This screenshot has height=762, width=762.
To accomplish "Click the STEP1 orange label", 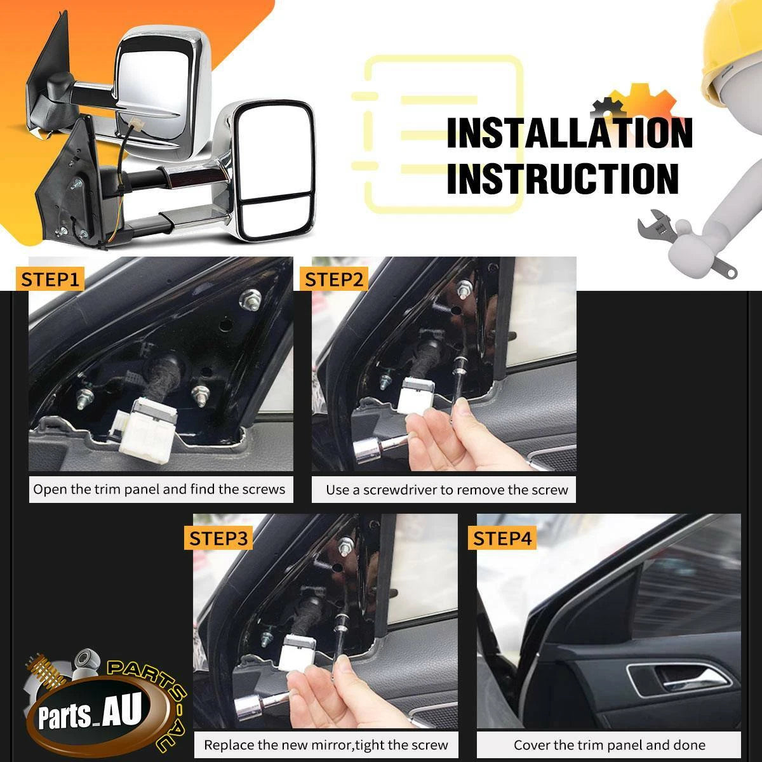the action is (x=50, y=279).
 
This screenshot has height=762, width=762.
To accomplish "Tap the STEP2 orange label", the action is (x=334, y=279).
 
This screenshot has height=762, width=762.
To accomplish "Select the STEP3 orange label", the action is (x=218, y=538).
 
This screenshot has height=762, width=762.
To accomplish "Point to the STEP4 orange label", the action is (x=502, y=538).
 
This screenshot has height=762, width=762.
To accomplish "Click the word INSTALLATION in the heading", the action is (x=570, y=133).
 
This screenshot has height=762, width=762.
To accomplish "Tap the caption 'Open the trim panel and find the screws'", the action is (x=159, y=490).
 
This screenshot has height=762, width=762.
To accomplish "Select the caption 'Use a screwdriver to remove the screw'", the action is (x=447, y=490).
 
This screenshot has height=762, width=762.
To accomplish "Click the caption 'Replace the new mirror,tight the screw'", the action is (x=326, y=745).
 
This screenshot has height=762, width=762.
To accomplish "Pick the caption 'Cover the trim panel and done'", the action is (x=610, y=745).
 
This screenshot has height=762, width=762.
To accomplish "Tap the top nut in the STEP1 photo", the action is (x=250, y=298).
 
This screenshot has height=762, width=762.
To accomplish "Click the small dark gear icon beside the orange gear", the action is (x=608, y=107).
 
